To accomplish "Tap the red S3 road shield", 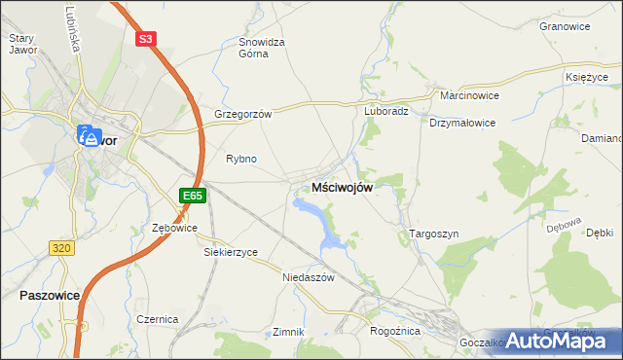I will coord(145,39).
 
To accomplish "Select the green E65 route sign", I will coord(192,196).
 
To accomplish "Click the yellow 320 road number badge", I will coord(61,248).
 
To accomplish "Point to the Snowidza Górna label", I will coord(261,48).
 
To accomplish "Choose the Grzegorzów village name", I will coord(242,113).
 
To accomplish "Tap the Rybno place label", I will coord(240,159).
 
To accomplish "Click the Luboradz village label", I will coord(385,111).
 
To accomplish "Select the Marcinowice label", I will coord(469,96).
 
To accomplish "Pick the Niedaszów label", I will coord(308,277).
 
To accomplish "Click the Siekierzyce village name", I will coord(230,252).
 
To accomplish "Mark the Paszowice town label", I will coord(48,294).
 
